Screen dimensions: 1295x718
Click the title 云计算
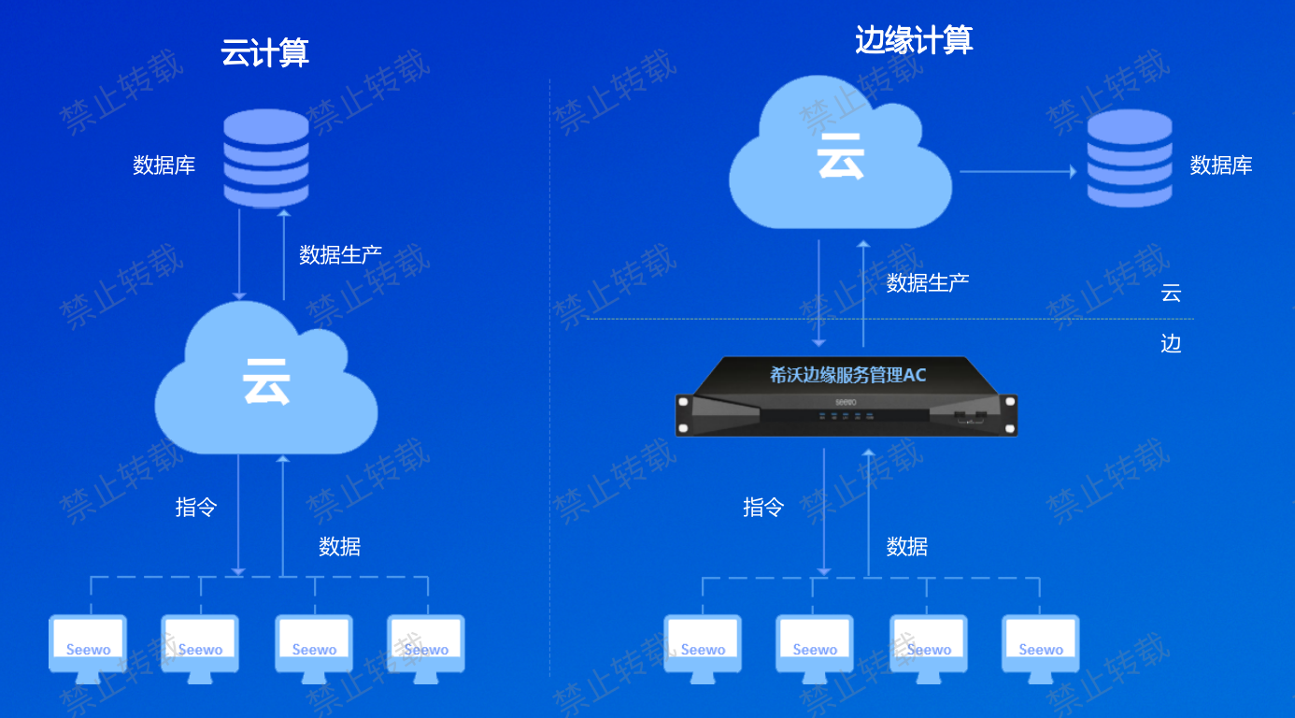(264, 52)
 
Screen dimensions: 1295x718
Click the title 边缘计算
(914, 40)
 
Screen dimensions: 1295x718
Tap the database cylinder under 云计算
(266, 158)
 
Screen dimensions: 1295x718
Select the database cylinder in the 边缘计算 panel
(1130, 158)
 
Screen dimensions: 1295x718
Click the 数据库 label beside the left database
(164, 165)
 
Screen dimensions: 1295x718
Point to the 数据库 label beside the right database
(1221, 165)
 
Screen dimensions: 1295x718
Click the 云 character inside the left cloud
(266, 381)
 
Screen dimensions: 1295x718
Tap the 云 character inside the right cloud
(841, 156)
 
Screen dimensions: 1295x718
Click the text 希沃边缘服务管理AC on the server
(847, 375)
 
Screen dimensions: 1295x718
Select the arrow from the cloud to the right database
(1018, 171)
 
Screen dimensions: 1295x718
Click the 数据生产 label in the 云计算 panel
(340, 254)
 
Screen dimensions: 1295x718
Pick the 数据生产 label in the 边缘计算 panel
(928, 283)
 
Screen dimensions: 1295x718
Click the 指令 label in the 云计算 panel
(196, 508)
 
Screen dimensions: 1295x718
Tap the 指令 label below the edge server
(763, 508)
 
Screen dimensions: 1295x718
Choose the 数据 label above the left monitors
(340, 547)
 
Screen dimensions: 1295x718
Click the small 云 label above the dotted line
(1171, 293)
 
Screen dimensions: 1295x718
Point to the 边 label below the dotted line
(1171, 344)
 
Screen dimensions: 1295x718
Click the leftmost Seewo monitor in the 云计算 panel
(88, 649)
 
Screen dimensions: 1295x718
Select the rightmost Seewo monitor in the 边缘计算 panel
(1041, 649)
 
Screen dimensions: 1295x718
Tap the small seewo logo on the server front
(846, 402)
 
